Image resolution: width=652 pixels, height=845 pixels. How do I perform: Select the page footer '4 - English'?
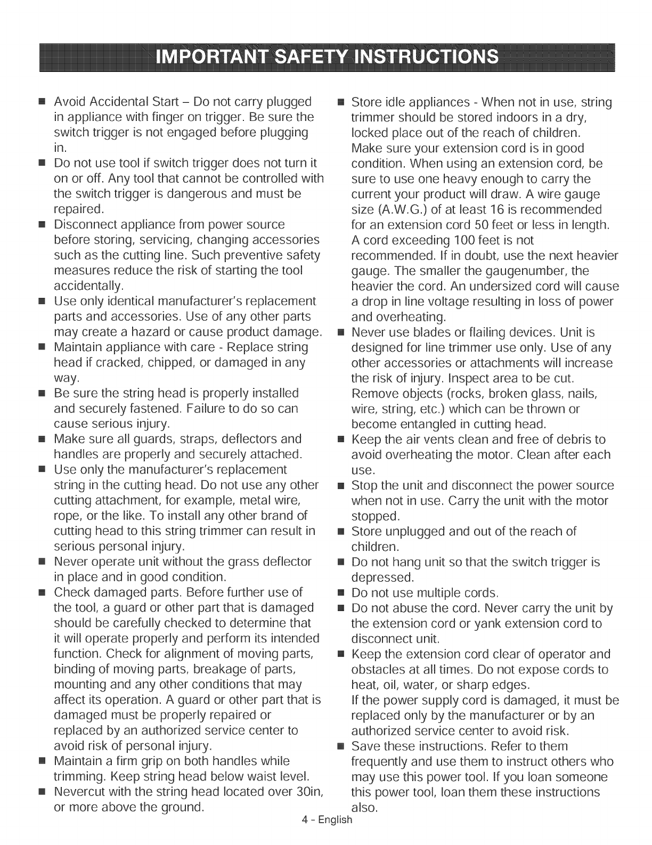[x=327, y=819]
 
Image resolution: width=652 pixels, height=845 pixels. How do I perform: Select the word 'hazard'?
[x=152, y=332]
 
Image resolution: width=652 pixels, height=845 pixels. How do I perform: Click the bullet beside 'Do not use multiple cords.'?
[x=342, y=592]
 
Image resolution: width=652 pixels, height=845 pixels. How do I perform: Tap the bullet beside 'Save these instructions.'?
[x=342, y=746]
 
